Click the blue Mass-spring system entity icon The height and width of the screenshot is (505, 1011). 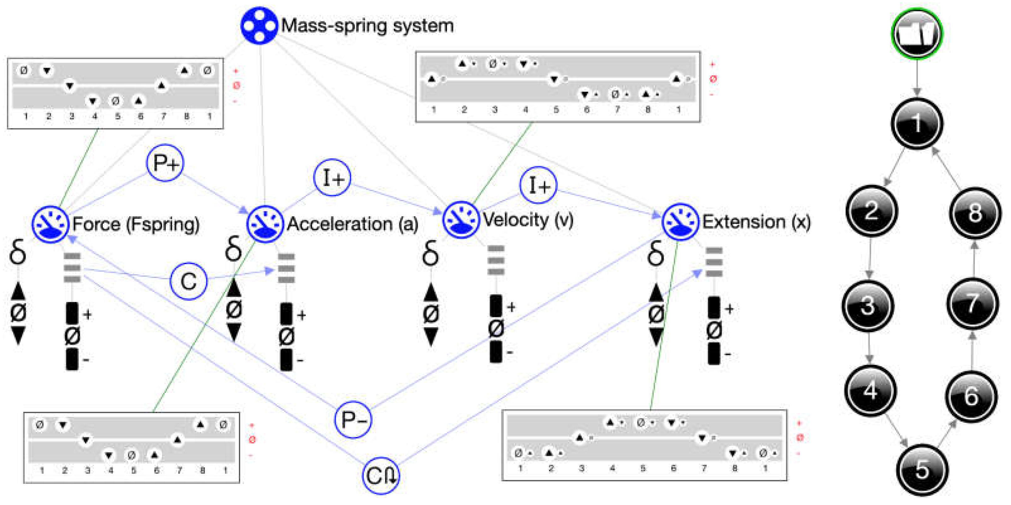[259, 26]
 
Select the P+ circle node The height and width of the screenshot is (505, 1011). [165, 163]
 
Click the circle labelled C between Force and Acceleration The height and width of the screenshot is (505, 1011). [188, 281]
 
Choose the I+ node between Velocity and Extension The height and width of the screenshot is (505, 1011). [538, 185]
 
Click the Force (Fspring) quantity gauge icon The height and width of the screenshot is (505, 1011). [50, 224]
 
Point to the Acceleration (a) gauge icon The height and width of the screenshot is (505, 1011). [265, 224]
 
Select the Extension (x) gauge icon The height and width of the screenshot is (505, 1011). [680, 222]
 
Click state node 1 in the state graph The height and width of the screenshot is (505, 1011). [917, 123]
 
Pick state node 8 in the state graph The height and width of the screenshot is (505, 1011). [975, 213]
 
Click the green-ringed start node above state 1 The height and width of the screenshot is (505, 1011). [917, 34]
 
